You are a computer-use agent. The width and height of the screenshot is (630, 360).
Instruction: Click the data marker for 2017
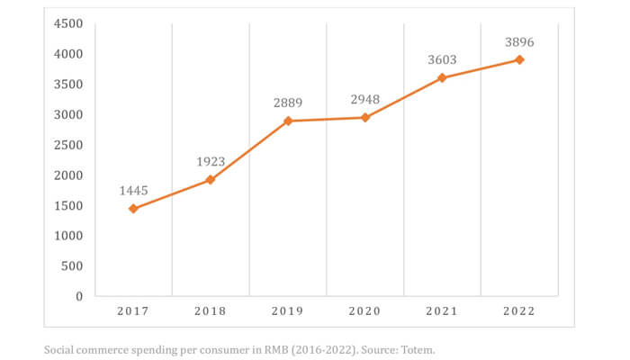[x=133, y=209]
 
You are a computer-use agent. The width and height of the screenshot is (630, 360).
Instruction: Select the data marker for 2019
[x=288, y=121]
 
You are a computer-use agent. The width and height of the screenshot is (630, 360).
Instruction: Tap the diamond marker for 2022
[x=519, y=59]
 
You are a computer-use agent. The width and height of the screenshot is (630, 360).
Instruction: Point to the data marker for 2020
[x=364, y=117]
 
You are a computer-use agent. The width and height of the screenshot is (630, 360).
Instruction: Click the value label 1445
[x=133, y=191]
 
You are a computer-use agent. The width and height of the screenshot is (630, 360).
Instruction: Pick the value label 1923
[x=211, y=162]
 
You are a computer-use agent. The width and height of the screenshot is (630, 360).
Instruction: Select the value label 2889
[x=288, y=103]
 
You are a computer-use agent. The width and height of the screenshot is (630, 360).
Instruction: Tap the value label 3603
[x=442, y=60]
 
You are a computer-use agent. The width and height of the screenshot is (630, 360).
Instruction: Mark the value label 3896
[x=519, y=41]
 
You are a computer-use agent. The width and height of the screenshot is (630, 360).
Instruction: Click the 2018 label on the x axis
[x=211, y=311]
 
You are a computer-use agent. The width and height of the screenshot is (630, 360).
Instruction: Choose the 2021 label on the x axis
[x=442, y=311]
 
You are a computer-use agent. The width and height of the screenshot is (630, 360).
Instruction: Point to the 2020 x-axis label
[x=364, y=311]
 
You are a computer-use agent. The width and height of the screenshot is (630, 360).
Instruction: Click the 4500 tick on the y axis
[x=67, y=23]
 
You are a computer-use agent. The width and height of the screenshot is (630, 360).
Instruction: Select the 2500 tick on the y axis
[x=67, y=145]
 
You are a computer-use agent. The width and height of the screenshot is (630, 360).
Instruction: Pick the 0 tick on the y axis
[x=79, y=296]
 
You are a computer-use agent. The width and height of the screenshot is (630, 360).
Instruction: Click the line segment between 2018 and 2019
[x=249, y=150]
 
